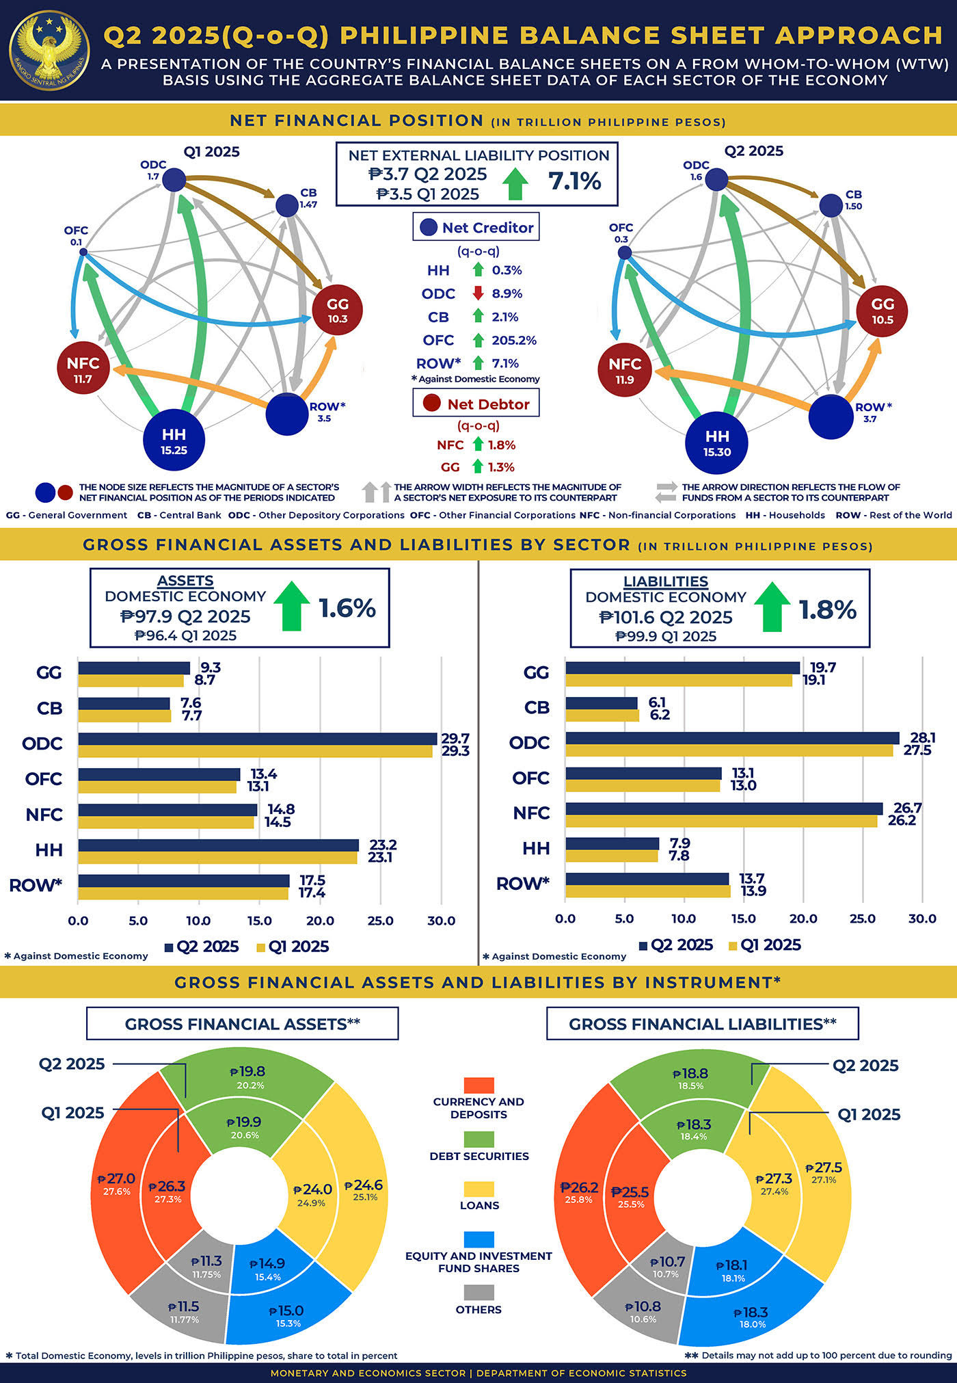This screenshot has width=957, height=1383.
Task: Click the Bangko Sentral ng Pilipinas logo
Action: pos(49,49)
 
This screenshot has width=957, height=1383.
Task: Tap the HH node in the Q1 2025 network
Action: pos(174,441)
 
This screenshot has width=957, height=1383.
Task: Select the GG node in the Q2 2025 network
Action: pos(882,311)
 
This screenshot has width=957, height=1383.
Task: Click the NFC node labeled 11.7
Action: pos(83,369)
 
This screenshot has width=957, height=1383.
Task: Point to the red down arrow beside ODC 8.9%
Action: pos(478,293)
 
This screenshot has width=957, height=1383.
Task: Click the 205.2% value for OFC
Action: pos(513,340)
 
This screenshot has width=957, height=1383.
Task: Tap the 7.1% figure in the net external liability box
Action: pos(574,181)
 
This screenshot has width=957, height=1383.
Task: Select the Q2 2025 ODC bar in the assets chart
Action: pos(257,739)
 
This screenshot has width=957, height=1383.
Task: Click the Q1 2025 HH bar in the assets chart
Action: pos(217,858)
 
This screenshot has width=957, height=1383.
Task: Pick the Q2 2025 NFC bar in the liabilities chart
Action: pos(723,808)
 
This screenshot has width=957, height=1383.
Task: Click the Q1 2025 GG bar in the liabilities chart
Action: pos(678,681)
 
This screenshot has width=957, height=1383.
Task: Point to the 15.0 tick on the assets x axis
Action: pos(259,921)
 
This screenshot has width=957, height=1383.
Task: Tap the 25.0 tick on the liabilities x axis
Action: pos(862,919)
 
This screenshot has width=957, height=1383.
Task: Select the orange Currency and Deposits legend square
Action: pos(478,1085)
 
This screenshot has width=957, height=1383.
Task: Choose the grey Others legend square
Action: pos(478,1292)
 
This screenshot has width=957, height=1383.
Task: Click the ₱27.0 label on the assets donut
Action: pos(117,1178)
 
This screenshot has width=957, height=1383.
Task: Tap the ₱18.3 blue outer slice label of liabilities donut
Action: pos(751,1313)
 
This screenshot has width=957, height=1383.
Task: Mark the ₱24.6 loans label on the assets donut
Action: pos(364,1185)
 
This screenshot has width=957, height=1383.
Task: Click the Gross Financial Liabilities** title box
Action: pos(702,1024)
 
